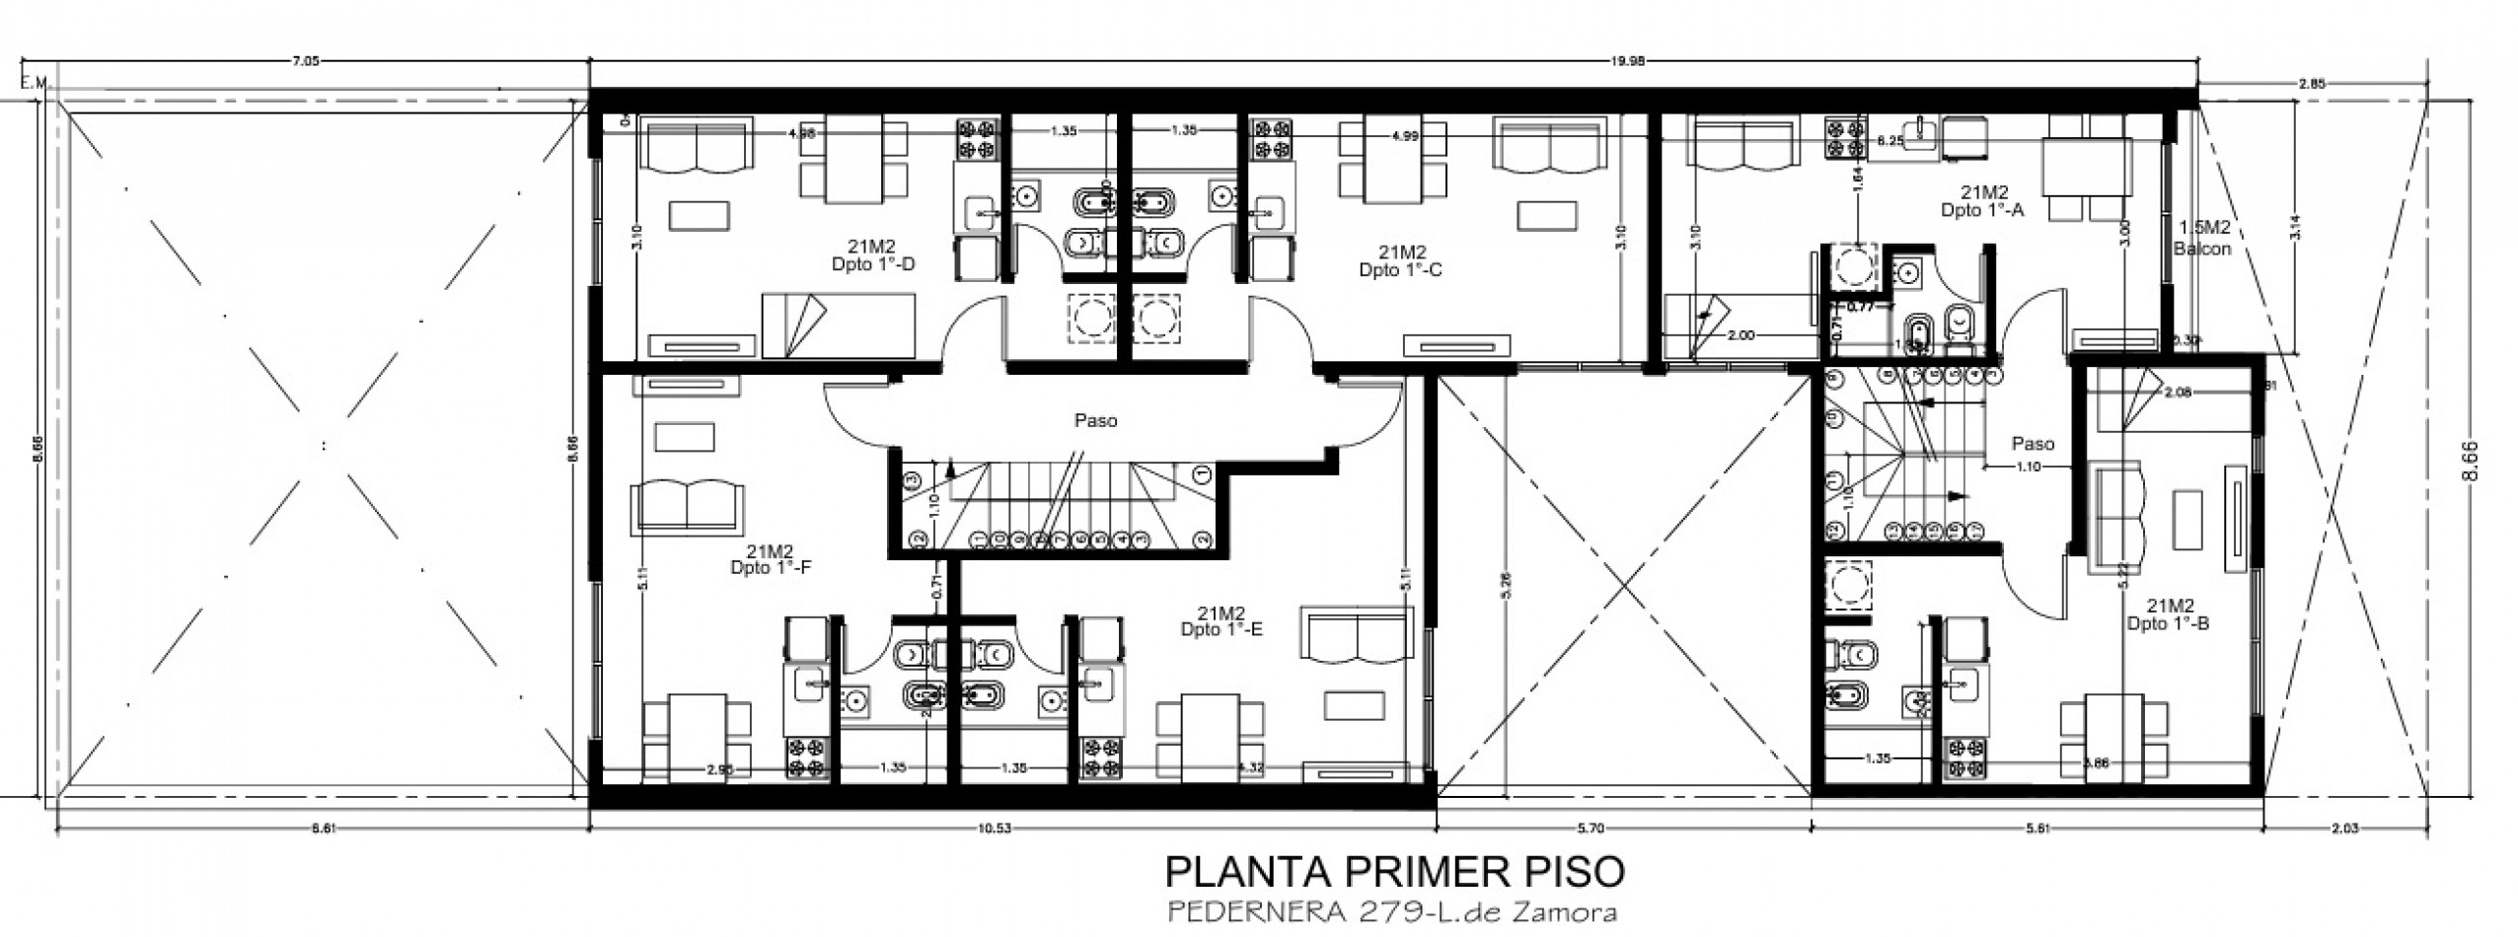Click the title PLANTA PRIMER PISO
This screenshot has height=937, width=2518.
click(x=1394, y=873)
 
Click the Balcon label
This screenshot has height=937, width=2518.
click(x=2202, y=249)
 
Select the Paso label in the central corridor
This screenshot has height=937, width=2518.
click(x=1095, y=421)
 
